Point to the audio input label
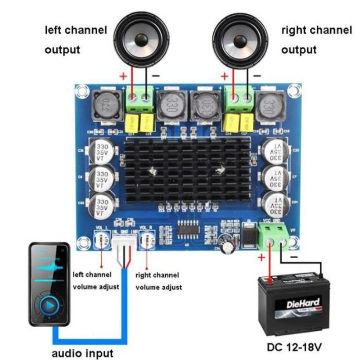point(82,352)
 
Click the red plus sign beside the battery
point(261,258)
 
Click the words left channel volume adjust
point(95,280)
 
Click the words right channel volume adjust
point(158,281)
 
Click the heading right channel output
point(316,40)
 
